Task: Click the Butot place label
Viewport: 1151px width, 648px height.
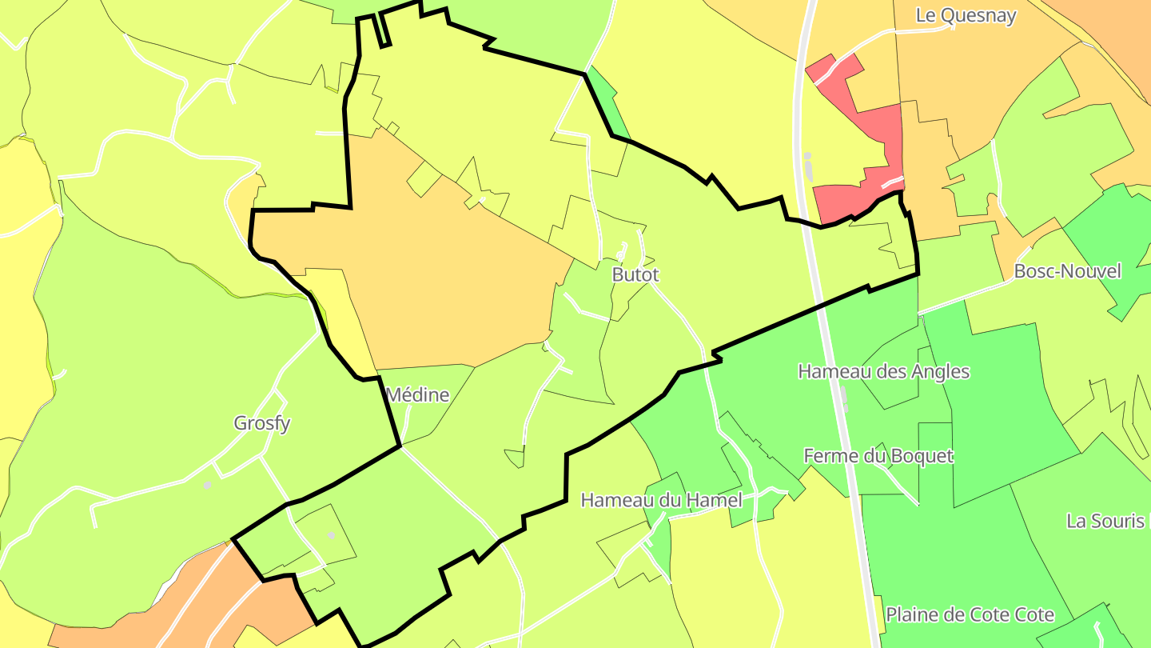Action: click(635, 274)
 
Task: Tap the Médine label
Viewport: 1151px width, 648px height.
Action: click(417, 394)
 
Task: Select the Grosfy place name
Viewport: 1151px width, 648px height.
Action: click(261, 423)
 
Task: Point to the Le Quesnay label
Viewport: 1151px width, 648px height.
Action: click(966, 15)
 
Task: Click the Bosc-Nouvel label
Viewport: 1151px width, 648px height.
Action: click(1067, 271)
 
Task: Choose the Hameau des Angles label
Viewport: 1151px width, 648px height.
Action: click(883, 371)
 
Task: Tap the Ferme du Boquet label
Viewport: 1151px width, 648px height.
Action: click(878, 456)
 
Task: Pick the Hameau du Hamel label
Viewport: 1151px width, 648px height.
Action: click(661, 500)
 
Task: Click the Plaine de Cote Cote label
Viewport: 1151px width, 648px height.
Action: click(970, 614)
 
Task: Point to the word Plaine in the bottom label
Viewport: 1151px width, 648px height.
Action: click(912, 614)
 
